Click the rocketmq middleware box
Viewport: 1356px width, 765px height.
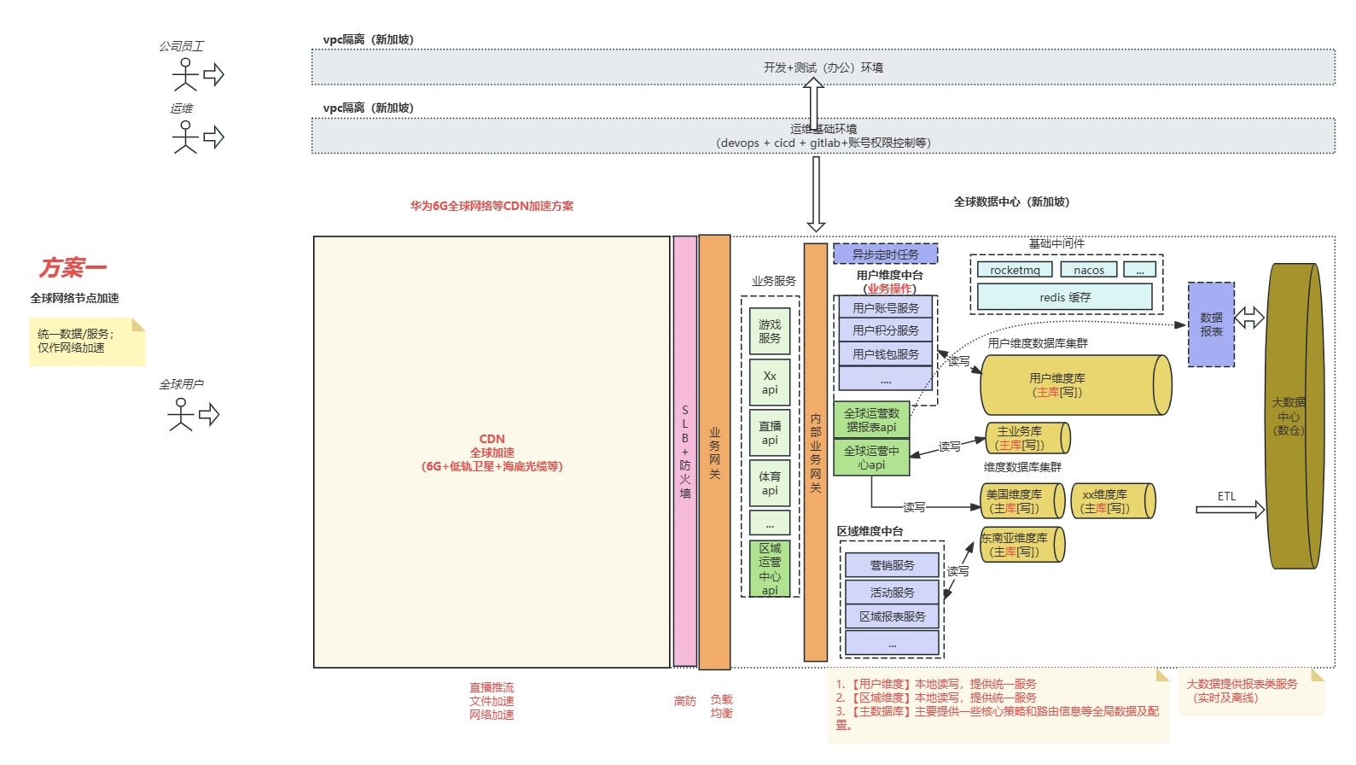(x=1015, y=270)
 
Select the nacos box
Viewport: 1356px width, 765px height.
(x=1088, y=270)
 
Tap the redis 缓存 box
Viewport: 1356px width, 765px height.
(x=1064, y=297)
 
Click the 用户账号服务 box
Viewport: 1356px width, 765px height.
(x=885, y=307)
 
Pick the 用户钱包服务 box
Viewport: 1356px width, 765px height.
(x=885, y=353)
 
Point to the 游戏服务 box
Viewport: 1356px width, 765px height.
(x=769, y=331)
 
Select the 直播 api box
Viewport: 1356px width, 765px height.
(x=769, y=433)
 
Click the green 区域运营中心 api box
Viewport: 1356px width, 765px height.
(x=769, y=569)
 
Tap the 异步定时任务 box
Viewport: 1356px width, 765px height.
(x=885, y=254)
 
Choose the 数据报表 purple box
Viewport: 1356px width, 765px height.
(x=1210, y=324)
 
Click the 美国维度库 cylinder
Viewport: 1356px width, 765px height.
(x=1021, y=501)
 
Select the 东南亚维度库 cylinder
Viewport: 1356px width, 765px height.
(x=1021, y=545)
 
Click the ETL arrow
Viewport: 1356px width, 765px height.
(x=1229, y=510)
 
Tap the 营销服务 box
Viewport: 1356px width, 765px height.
(x=892, y=565)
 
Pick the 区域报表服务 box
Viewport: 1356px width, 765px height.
(x=892, y=616)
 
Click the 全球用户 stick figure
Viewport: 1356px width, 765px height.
(x=181, y=415)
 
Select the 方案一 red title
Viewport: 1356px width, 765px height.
(x=73, y=268)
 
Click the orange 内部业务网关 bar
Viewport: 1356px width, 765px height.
(x=815, y=453)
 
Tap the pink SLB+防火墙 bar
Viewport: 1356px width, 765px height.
(x=684, y=451)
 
